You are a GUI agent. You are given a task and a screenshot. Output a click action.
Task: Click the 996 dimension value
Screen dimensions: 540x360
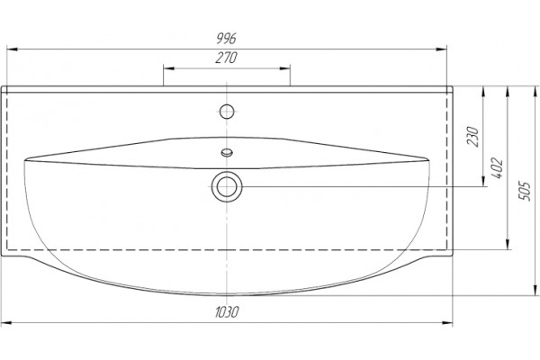(226, 38)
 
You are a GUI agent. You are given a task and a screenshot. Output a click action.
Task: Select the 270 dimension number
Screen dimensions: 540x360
(226, 58)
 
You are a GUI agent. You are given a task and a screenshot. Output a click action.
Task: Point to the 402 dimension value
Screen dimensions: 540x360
(498, 167)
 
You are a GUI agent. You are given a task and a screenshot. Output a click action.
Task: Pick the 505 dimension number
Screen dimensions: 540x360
(525, 191)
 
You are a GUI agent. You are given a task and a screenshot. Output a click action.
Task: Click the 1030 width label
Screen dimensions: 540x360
(227, 312)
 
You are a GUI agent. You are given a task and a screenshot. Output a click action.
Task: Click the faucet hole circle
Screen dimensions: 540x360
(227, 112)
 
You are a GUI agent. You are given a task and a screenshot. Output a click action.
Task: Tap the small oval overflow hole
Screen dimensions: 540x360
(227, 152)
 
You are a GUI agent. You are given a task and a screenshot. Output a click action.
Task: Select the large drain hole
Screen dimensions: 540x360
(227, 186)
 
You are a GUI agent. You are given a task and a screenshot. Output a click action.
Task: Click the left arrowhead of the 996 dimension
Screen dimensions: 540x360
(13, 49)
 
